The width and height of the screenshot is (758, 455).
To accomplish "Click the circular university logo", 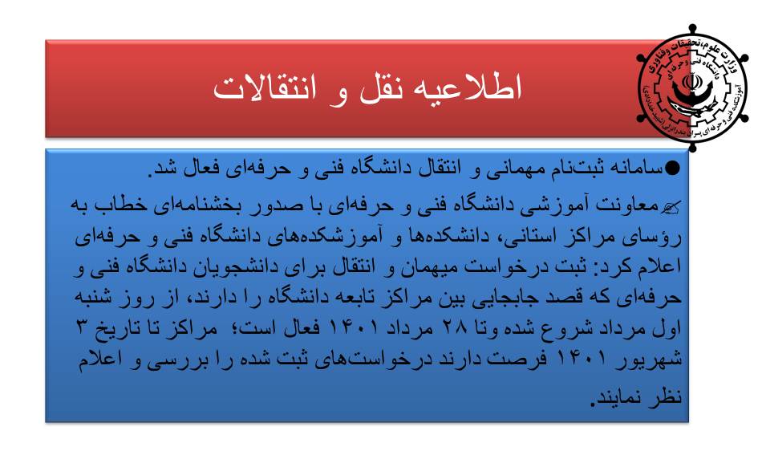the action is click(x=692, y=88).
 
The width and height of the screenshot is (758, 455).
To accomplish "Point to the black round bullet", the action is click(x=672, y=169).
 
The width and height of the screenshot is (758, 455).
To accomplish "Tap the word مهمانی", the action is click(x=517, y=169).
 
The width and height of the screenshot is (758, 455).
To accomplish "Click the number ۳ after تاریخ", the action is click(x=83, y=327).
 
